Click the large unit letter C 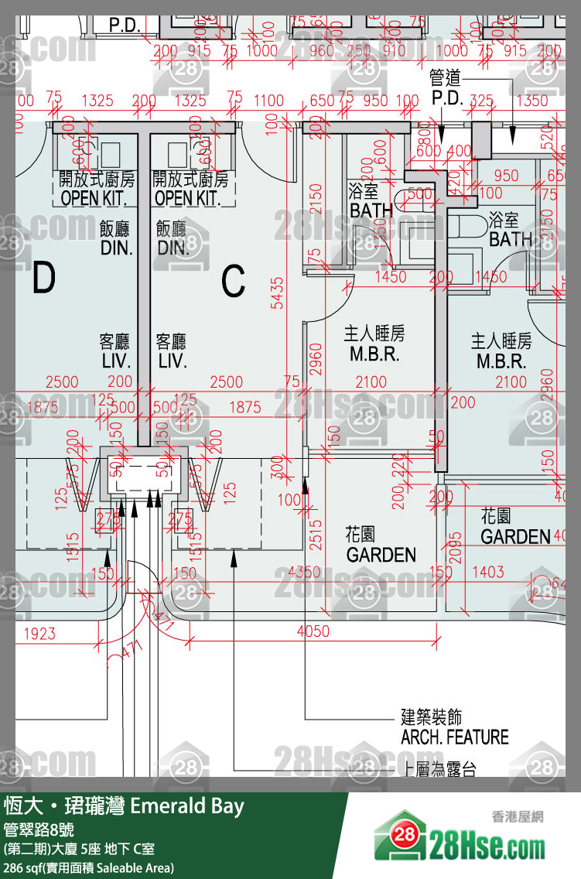[233, 281]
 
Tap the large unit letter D [44, 279]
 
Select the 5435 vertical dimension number [276, 294]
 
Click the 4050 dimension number [313, 631]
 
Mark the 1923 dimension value [39, 634]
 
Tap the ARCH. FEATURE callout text [454, 737]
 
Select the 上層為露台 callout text [439, 769]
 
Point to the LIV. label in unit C [173, 361]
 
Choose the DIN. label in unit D [116, 248]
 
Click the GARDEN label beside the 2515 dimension [381, 554]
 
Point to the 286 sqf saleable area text [88, 867]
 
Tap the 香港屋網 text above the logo [517, 816]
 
